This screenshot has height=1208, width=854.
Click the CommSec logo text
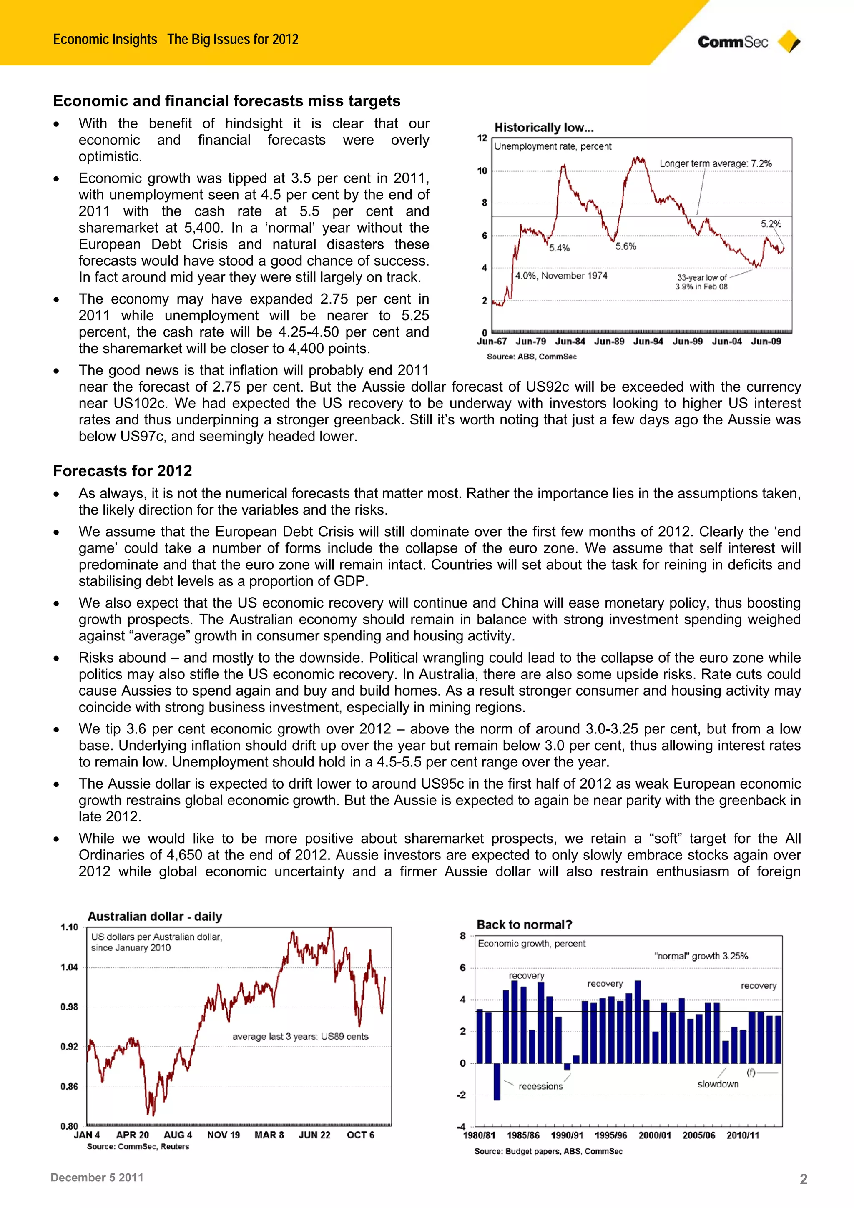733,42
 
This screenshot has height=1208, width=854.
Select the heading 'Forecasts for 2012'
122,470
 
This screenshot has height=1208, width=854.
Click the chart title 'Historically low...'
544,127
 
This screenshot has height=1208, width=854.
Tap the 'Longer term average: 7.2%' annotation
715,163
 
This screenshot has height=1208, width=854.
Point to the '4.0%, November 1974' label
561,276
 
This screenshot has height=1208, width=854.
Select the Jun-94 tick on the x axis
648,342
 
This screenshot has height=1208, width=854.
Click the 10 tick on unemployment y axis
482,171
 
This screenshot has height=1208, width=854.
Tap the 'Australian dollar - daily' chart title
155,916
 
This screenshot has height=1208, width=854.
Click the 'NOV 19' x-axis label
223,1135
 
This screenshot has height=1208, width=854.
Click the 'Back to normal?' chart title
524,924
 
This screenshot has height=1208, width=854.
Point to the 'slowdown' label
718,1084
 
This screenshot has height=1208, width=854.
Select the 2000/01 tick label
655,1135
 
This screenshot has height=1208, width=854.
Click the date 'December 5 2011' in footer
97,1178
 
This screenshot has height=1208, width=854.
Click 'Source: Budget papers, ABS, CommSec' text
548,1151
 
